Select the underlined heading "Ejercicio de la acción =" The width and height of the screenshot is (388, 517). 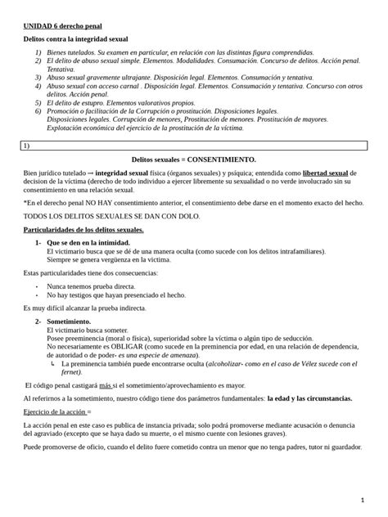[x=57, y=412]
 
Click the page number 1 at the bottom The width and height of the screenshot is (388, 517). [x=362, y=499]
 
